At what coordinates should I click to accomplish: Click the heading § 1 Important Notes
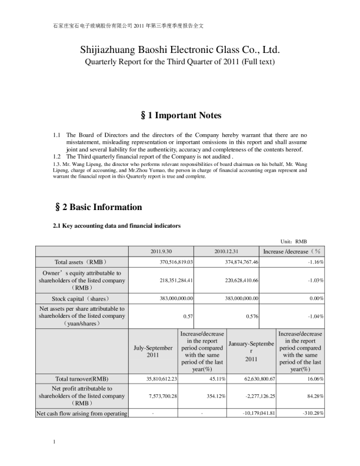tap(180, 115)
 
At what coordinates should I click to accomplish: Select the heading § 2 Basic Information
tap(97, 207)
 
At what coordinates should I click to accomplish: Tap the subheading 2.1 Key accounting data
tap(116, 226)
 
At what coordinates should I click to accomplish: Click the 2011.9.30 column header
tap(161, 251)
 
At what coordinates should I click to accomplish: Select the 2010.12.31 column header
tap(226, 251)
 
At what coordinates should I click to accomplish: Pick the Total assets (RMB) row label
tap(81, 262)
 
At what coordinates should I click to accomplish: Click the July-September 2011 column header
tap(153, 351)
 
